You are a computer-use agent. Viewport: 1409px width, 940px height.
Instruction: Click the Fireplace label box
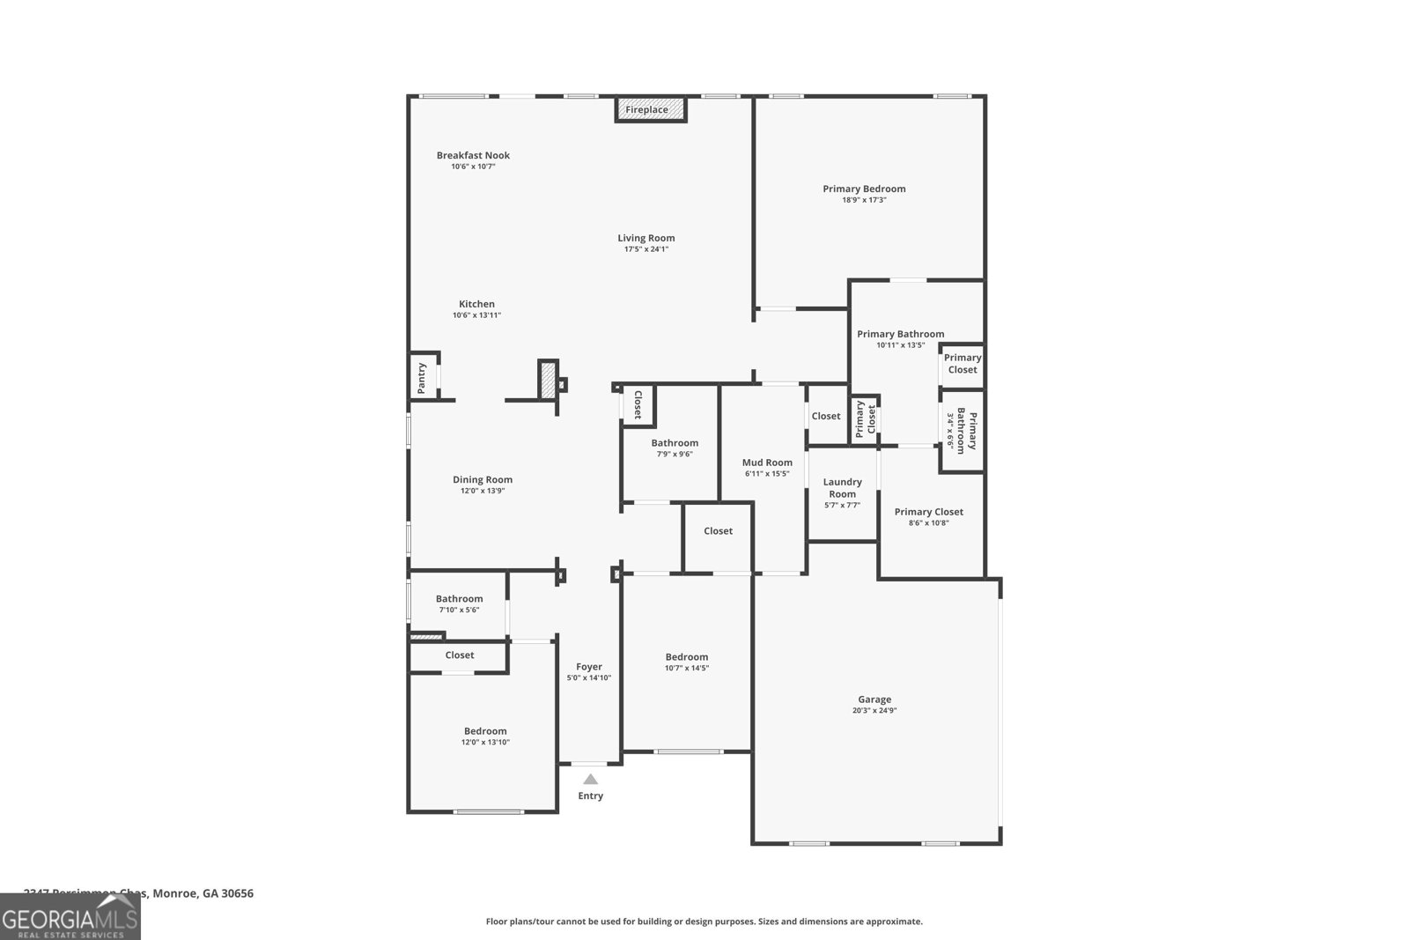650,109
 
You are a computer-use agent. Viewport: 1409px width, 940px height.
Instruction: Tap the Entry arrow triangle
590,780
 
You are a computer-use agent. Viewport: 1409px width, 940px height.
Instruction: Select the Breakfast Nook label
473,155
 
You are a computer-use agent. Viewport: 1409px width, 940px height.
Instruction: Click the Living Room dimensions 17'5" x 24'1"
646,249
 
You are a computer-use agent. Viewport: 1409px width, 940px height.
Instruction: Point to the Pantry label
422,378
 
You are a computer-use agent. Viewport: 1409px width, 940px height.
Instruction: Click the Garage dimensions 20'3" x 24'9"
874,711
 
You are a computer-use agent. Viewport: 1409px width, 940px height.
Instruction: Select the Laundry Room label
842,488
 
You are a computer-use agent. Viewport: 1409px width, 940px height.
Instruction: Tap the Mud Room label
767,463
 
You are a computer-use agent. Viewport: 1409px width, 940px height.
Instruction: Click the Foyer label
589,667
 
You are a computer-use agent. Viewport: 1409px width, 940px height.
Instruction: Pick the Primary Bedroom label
864,189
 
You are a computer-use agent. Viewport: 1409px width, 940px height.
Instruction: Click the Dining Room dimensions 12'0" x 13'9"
483,491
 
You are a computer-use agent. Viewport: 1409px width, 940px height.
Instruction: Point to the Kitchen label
476,304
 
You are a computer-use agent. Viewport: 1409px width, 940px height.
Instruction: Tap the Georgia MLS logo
70,916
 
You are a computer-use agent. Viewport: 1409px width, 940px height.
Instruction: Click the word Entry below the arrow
590,796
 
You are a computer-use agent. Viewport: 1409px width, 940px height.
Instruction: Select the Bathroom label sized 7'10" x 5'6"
459,599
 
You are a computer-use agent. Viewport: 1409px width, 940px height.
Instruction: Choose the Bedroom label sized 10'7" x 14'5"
686,657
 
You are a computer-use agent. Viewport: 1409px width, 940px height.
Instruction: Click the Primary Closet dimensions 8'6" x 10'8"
928,523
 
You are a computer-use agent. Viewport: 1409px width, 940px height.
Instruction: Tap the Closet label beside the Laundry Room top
826,416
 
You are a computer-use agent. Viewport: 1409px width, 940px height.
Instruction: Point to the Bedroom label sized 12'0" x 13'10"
485,731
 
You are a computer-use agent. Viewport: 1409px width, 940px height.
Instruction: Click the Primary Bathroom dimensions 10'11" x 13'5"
900,345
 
